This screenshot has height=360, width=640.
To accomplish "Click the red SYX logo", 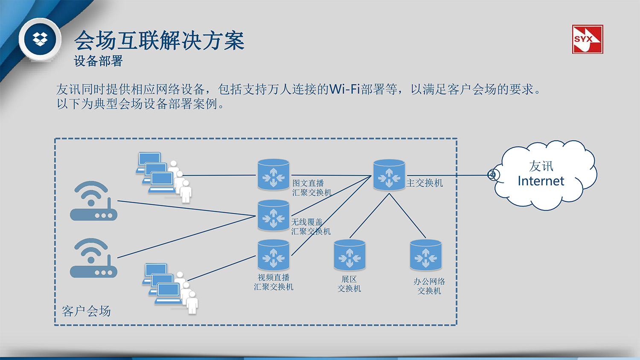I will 587,39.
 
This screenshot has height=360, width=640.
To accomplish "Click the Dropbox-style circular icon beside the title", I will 40,39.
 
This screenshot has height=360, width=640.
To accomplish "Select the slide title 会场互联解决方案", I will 159,41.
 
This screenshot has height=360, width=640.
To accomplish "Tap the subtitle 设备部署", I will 98,61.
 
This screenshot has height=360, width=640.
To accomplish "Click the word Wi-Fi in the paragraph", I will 345,89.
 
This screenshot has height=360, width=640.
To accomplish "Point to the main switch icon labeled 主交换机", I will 389,175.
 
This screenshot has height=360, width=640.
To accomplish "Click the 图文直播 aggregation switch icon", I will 273,175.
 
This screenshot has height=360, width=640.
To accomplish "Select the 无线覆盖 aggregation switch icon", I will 273,215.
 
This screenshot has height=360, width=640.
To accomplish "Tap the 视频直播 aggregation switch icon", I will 273,255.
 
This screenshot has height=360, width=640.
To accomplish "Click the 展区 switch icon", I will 349,255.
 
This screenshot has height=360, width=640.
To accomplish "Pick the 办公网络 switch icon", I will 425,255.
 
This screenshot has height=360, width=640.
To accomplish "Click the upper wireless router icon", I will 93,201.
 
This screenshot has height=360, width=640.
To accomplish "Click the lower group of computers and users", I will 170,287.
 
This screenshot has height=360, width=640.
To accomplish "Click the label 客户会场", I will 86,311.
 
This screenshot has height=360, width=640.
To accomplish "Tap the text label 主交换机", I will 425,183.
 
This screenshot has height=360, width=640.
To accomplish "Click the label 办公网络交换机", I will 429,286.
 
